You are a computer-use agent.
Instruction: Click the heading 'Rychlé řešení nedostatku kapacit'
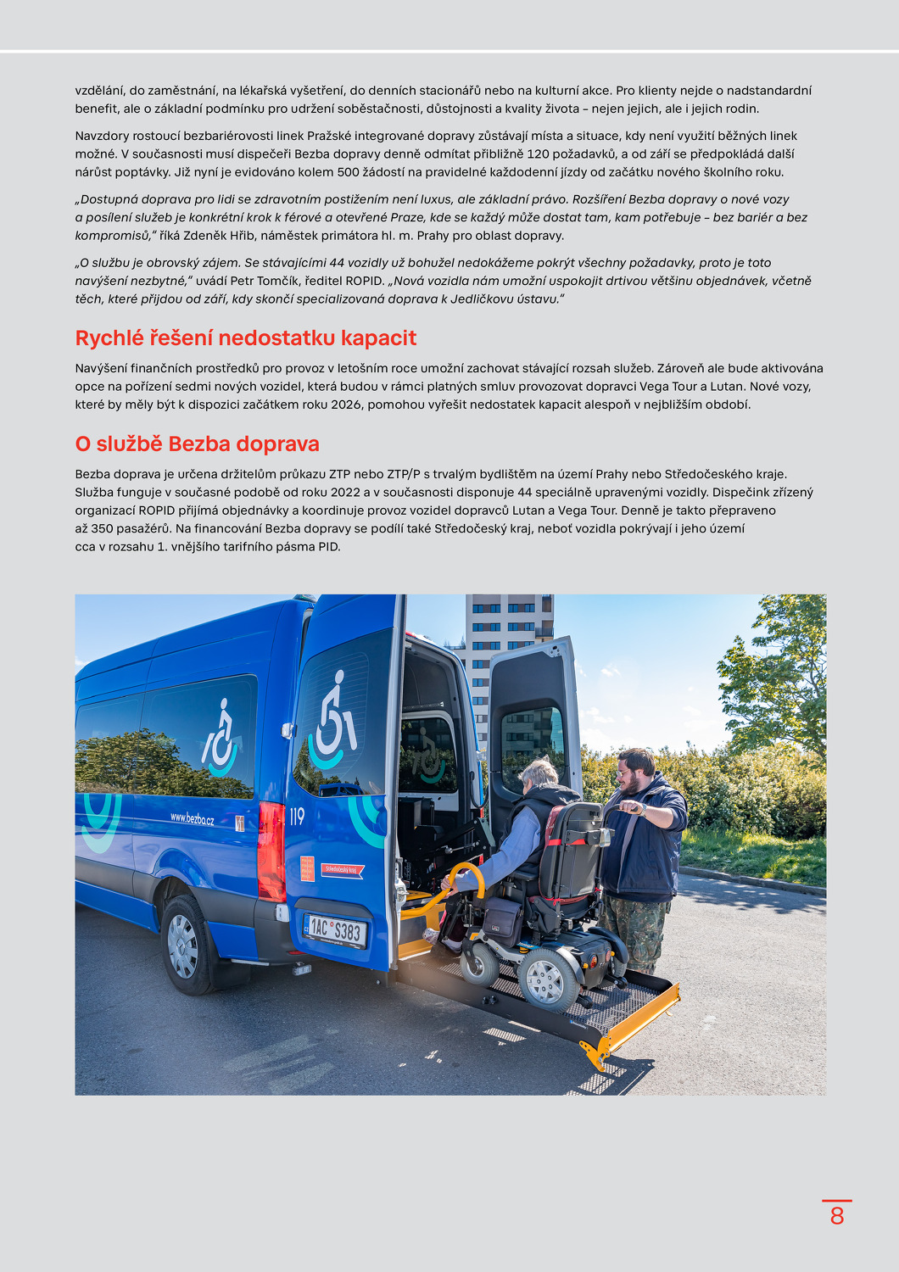point(245,338)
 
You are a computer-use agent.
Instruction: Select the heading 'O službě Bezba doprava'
point(197,444)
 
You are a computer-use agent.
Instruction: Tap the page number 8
point(837,1216)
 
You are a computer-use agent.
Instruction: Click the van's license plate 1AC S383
point(335,930)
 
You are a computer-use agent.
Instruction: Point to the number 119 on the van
point(297,817)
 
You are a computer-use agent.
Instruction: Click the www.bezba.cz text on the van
point(192,819)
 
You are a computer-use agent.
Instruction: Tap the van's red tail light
point(271,851)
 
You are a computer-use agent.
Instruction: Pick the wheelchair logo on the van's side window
point(221,738)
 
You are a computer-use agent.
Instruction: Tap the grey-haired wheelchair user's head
point(539,774)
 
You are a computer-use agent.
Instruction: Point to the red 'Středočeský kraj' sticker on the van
point(343,869)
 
